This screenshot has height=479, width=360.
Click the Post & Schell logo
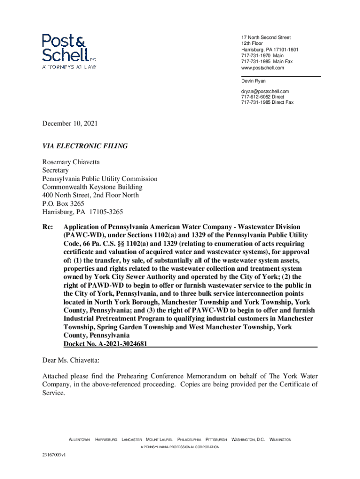69,51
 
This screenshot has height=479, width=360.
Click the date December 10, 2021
70,124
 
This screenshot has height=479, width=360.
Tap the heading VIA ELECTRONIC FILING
85,146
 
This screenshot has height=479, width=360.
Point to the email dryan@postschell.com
265,91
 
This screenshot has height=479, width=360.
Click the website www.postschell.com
262,68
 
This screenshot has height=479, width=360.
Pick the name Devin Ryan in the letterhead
253,81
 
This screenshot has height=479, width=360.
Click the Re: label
47,227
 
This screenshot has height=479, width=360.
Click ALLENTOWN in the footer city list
79,440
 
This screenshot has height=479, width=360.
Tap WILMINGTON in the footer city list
281,440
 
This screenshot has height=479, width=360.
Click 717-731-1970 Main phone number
262,56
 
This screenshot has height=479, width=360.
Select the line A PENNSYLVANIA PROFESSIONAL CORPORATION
180,448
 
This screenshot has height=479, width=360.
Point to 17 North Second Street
266,37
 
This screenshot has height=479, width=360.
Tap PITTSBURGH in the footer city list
216,440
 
